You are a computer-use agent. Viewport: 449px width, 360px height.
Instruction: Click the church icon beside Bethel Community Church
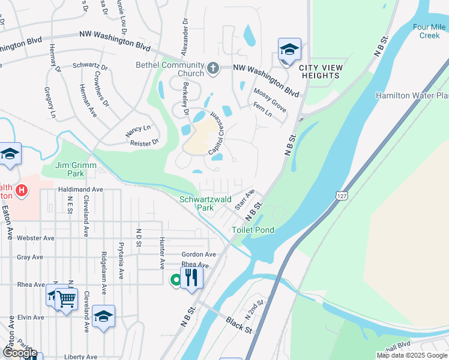point(213,70)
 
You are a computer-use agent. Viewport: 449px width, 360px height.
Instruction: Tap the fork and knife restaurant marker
point(191,278)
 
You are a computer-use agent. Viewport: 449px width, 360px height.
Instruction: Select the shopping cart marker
point(67,298)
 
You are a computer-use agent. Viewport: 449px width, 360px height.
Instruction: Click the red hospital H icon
point(22,191)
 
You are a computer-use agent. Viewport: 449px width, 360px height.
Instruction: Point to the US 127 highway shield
point(341,196)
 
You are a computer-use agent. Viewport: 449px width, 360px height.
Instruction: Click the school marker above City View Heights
point(289,50)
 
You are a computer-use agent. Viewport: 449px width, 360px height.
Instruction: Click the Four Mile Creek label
point(429,31)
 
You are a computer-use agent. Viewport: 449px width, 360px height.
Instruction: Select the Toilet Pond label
point(253,230)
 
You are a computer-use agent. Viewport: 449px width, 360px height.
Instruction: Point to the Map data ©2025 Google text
point(411,355)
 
